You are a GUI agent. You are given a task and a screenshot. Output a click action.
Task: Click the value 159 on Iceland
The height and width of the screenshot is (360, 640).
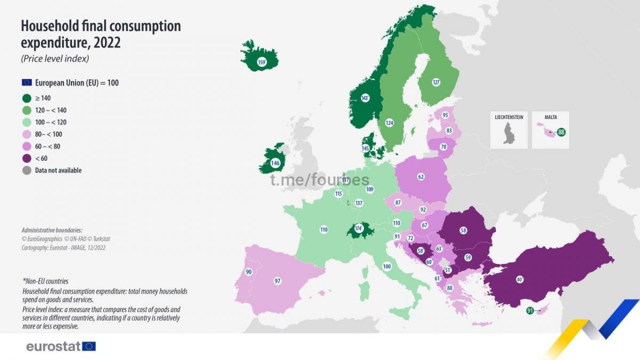pyautogui.click(x=261, y=62)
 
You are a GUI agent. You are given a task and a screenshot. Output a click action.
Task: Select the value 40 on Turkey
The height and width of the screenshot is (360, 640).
pyautogui.click(x=519, y=279)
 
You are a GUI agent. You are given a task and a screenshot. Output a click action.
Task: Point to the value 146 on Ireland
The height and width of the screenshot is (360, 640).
pyautogui.click(x=275, y=163)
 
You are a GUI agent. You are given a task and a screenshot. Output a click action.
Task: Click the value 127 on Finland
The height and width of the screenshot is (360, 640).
pyautogui.click(x=436, y=82)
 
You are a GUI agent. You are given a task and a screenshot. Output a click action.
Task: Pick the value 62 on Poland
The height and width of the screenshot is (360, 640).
pyautogui.click(x=421, y=177)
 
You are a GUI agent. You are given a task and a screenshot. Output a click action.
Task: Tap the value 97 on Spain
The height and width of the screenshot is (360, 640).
pyautogui.click(x=277, y=281)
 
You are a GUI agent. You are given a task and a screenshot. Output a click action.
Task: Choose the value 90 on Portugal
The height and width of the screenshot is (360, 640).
pyautogui.click(x=249, y=272)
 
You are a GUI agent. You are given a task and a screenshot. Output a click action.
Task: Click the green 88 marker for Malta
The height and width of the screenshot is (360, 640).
pyautogui.click(x=561, y=132)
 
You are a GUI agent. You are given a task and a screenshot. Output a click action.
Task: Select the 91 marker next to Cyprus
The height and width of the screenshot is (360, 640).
pyautogui.click(x=530, y=310)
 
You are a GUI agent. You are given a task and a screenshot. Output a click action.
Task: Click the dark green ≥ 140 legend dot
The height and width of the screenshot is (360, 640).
pyautogui.click(x=27, y=98)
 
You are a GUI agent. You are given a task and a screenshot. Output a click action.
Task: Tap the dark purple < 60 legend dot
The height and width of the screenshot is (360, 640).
pyautogui.click(x=27, y=158)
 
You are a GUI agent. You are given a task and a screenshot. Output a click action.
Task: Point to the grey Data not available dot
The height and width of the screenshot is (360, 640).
pyautogui.click(x=27, y=171)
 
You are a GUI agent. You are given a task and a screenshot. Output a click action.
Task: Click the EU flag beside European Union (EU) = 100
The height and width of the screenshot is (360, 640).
pyautogui.click(x=27, y=83)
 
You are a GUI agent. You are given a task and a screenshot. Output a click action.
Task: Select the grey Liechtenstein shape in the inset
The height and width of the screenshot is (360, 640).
pyautogui.click(x=508, y=133)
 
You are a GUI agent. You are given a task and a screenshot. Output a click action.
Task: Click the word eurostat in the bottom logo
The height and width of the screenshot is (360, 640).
pyautogui.click(x=54, y=347)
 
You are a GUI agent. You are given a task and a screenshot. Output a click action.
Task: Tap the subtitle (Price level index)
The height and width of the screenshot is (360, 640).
pyautogui.click(x=55, y=59)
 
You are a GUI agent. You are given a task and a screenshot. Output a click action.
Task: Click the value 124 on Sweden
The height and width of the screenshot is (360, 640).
pyautogui.click(x=389, y=123)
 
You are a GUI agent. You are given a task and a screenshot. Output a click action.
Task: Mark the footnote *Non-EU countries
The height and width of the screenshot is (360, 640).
pyautogui.click(x=45, y=281)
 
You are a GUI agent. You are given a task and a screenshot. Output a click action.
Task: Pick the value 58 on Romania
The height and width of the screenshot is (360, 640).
pyautogui.click(x=463, y=230)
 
